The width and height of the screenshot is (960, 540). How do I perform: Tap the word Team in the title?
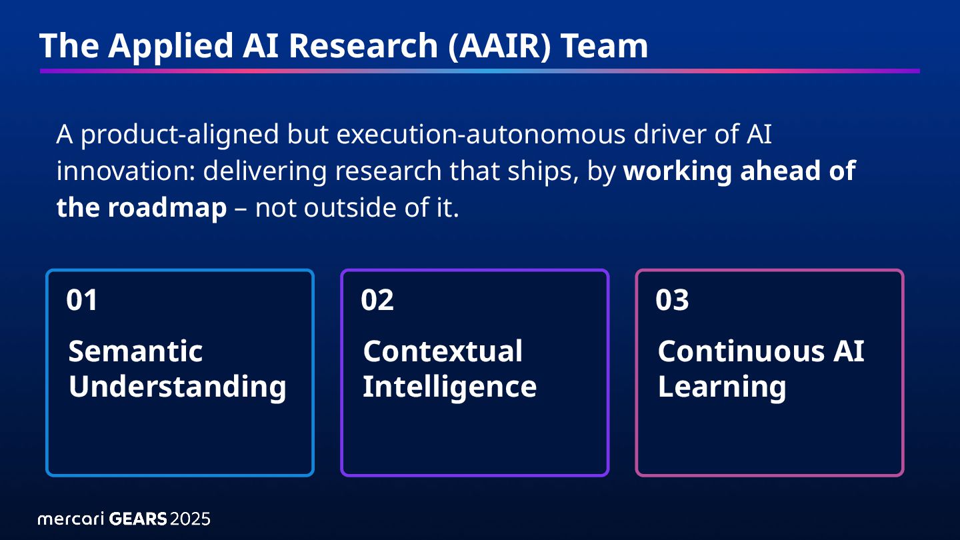click(x=604, y=46)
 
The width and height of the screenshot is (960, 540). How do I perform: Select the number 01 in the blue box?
click(x=82, y=301)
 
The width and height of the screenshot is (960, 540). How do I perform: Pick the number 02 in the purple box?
click(x=377, y=301)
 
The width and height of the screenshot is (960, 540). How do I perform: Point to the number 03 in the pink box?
click(x=672, y=301)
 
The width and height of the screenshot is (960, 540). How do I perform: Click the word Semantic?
click(x=135, y=351)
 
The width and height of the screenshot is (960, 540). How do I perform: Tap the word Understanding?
click(x=177, y=387)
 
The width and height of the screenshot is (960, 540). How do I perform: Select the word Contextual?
click(x=443, y=351)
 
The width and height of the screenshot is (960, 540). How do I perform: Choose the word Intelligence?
click(x=449, y=387)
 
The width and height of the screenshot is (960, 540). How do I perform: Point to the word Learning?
click(x=722, y=387)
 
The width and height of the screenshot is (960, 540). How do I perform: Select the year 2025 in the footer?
click(x=191, y=519)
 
